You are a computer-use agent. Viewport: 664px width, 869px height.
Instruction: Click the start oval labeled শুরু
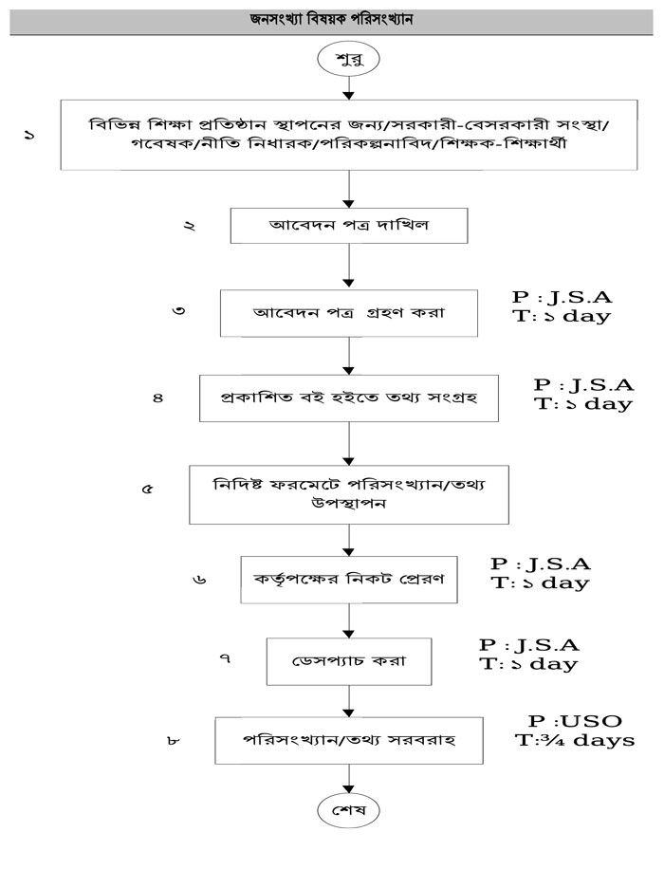point(350,59)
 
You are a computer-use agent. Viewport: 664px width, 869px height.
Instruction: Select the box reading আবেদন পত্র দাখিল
point(350,227)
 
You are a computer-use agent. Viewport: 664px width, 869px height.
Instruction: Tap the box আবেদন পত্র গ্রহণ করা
point(350,312)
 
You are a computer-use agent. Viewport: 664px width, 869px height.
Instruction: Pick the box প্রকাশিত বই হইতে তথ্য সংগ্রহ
point(350,398)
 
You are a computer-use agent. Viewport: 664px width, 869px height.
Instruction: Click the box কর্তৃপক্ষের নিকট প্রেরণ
point(350,579)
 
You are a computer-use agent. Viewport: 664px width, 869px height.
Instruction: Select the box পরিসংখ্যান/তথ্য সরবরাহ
point(350,740)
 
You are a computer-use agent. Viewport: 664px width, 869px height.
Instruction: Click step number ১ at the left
point(29,137)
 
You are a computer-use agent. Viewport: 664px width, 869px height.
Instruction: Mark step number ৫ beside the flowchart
point(147,490)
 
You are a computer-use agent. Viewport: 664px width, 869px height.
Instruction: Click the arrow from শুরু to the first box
point(350,87)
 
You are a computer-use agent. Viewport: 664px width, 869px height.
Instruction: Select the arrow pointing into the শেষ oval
point(350,779)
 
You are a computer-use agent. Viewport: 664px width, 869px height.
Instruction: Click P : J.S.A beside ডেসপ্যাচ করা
point(529,645)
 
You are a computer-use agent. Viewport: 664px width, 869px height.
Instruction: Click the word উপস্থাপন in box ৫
point(350,505)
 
